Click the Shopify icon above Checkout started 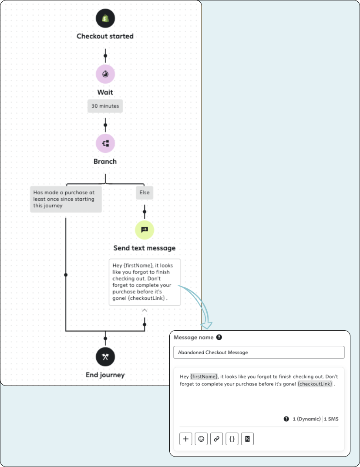coord(105,18)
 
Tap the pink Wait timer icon coord(105,74)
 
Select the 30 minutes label coord(105,106)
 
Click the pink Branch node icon coord(105,143)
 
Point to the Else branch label coord(145,193)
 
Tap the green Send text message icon coord(145,230)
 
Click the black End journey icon coord(105,357)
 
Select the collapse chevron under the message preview coord(145,310)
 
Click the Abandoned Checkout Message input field coord(259,352)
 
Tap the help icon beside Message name coord(219,337)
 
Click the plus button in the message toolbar coord(186,439)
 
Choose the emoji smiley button coord(201,439)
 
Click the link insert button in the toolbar coord(216,439)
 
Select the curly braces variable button coord(232,439)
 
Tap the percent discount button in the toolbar coord(247,439)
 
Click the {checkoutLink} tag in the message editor coord(316,384)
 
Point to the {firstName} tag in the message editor coord(204,376)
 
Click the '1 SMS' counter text coord(331,419)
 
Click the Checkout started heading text coord(105,36)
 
